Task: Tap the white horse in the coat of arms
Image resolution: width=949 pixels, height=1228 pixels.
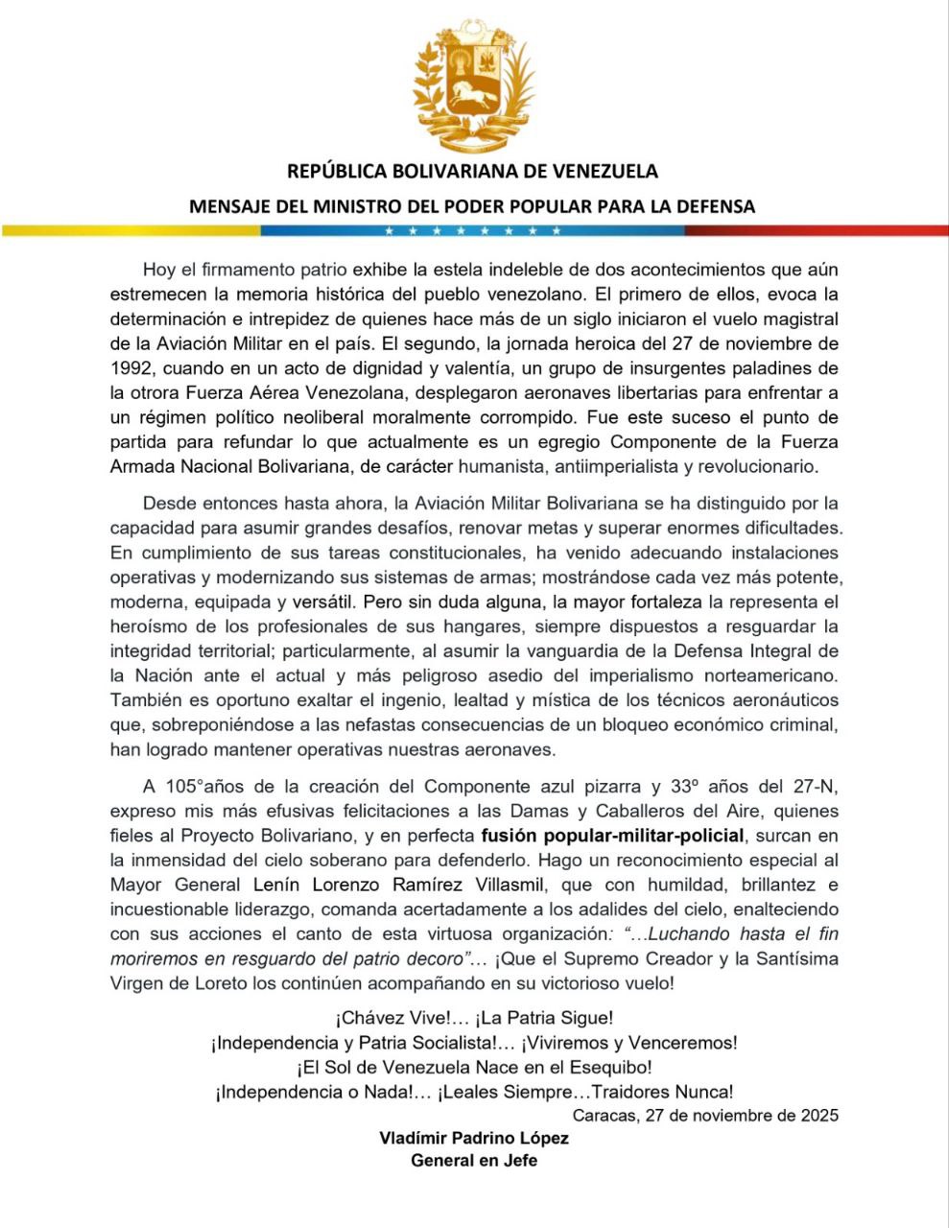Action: (474, 93)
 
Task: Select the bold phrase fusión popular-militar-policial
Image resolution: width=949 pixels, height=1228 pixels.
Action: (612, 836)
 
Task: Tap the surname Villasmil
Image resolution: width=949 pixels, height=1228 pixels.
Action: (500, 885)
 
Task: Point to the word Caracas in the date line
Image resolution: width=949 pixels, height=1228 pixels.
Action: (604, 1115)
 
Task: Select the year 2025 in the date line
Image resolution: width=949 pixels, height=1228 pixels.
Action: (816, 1115)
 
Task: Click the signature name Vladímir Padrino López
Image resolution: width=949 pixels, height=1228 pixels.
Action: (474, 1139)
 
